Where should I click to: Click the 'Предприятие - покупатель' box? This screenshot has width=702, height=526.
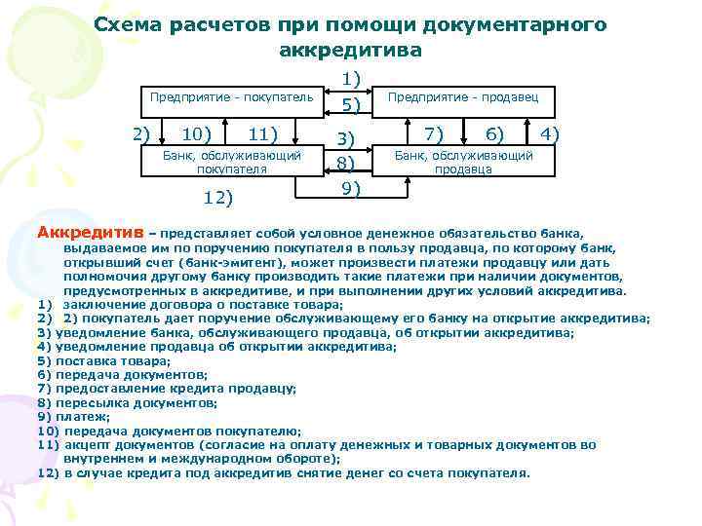pyautogui.click(x=230, y=97)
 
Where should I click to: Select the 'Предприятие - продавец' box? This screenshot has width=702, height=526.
pyautogui.click(x=470, y=97)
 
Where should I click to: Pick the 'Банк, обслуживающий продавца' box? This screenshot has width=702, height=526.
pyautogui.click(x=463, y=162)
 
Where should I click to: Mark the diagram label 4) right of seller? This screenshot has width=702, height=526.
pyautogui.click(x=550, y=132)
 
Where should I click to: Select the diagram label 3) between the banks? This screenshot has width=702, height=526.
pyautogui.click(x=346, y=139)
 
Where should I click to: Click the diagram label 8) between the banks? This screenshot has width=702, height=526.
pyautogui.click(x=346, y=163)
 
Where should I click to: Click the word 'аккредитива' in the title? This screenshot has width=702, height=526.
pyautogui.click(x=350, y=49)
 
